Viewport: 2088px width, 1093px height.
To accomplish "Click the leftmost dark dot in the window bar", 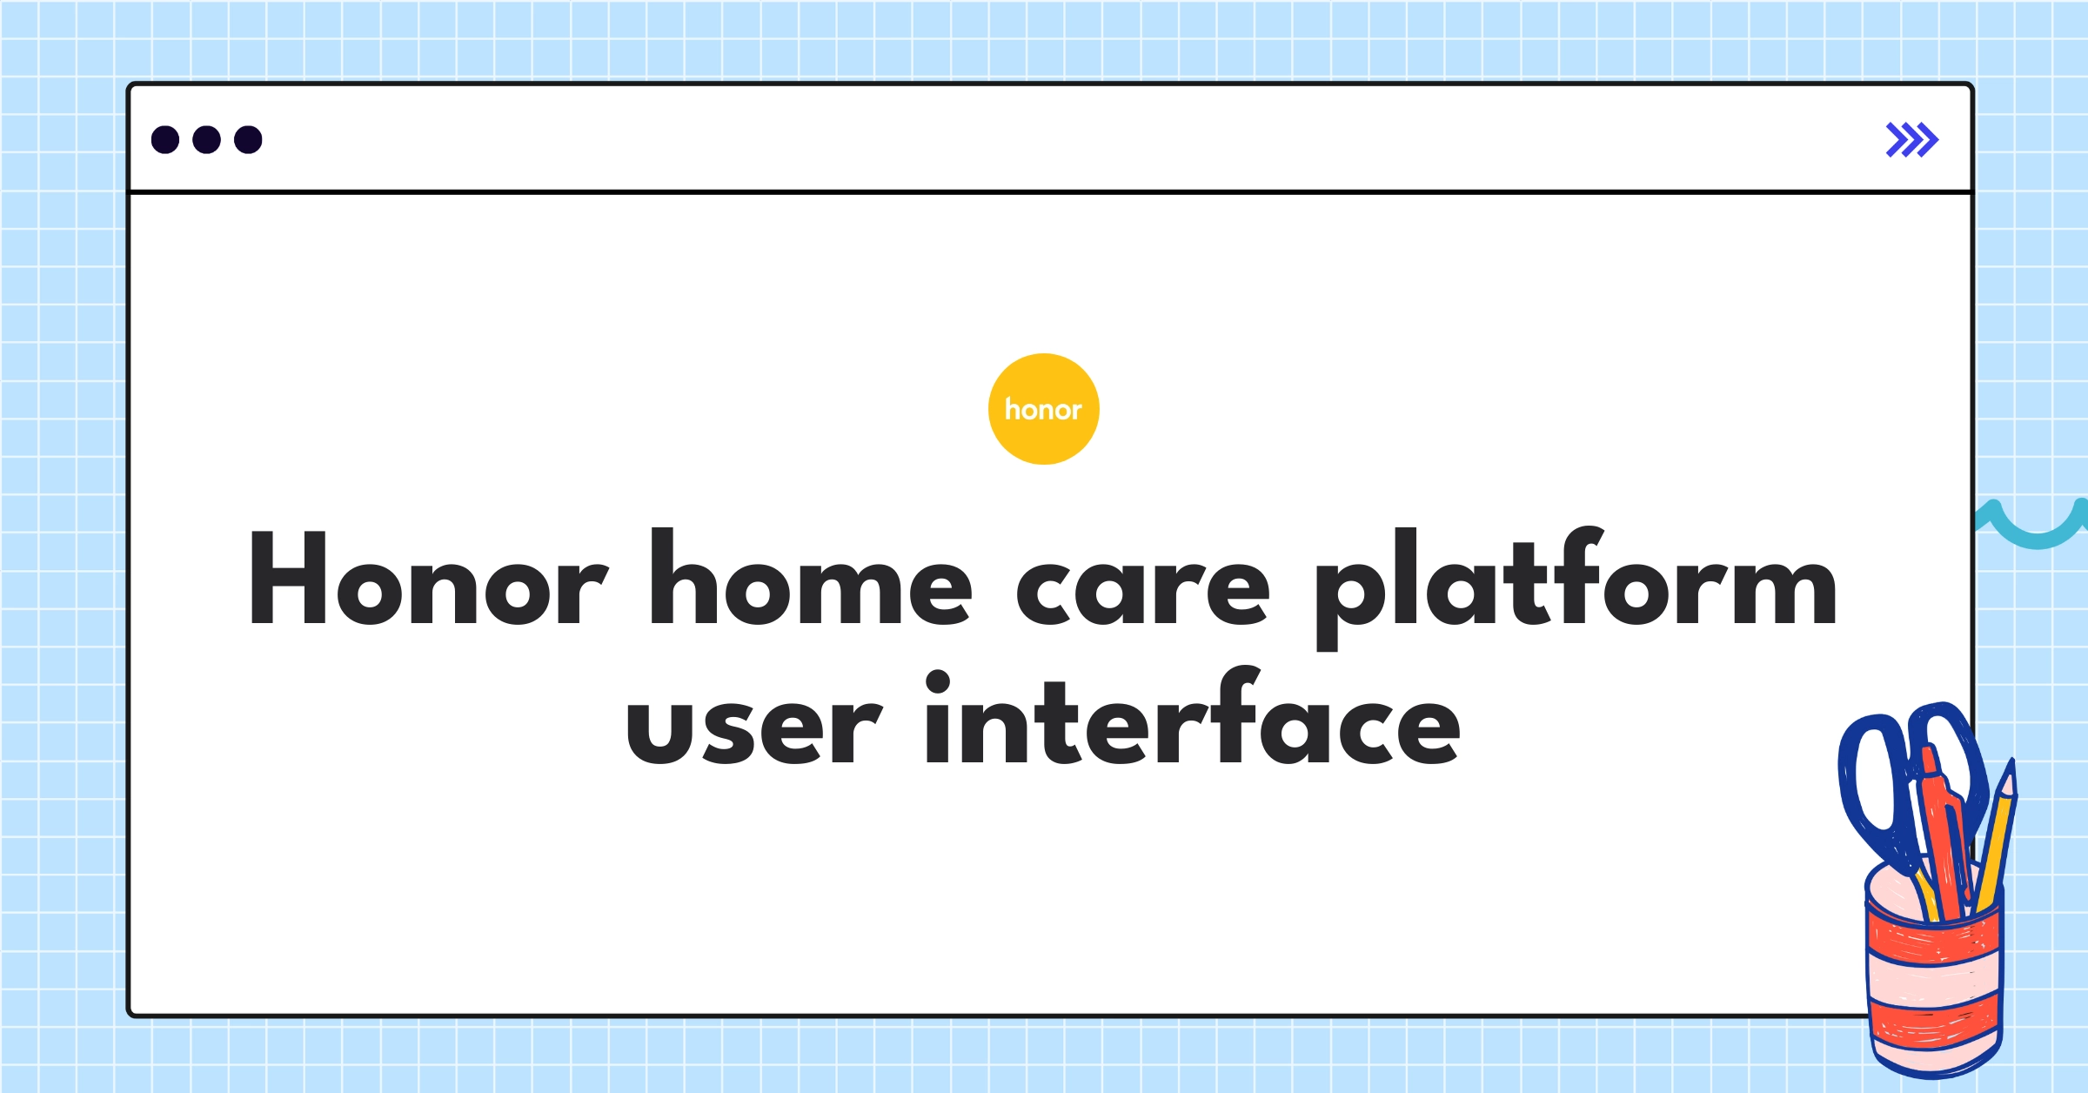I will (165, 139).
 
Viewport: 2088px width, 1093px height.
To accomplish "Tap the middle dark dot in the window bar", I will (206, 139).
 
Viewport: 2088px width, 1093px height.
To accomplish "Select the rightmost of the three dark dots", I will (248, 139).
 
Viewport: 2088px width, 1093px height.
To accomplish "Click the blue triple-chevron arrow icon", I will (1911, 139).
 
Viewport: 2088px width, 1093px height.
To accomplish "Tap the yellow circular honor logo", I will (1043, 409).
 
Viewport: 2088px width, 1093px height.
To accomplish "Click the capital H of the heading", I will (287, 578).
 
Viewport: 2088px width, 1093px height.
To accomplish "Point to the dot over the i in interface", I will (937, 681).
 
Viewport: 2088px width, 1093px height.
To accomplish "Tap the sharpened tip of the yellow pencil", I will (2008, 779).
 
